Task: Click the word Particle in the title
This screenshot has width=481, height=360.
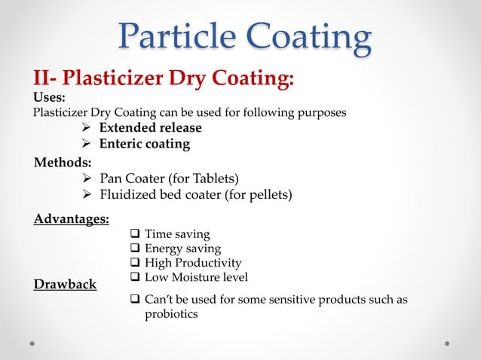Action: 180,38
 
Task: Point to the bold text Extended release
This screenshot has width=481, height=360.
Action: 156,127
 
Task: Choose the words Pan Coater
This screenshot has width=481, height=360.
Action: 136,178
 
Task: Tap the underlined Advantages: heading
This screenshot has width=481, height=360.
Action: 72,219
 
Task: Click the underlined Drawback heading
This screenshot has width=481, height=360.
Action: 65,285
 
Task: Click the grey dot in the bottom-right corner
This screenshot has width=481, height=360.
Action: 447,343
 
